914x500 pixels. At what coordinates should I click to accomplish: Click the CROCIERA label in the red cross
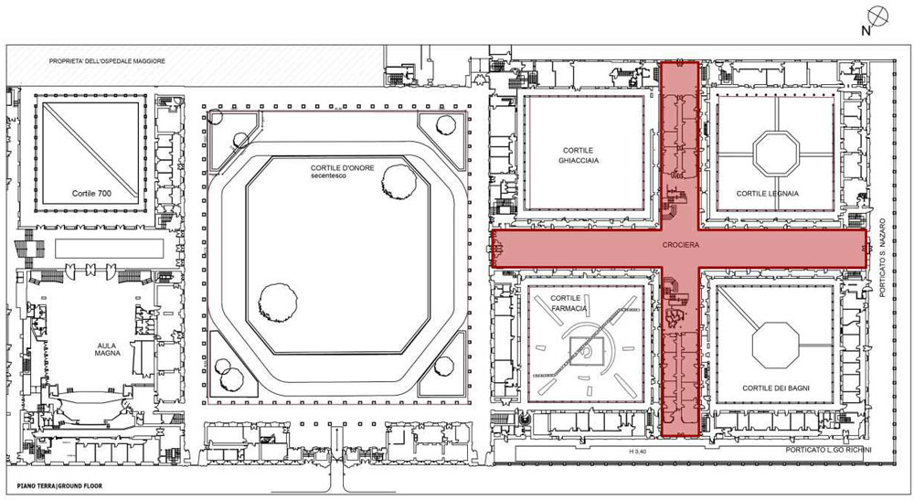tap(680, 245)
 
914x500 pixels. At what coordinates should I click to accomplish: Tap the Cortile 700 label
tap(91, 194)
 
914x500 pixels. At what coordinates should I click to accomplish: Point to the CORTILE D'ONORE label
tap(342, 168)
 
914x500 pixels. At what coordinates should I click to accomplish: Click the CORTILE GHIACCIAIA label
tap(579, 155)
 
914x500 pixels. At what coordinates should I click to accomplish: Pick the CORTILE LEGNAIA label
tap(767, 194)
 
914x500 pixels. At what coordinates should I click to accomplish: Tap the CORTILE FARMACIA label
tap(569, 303)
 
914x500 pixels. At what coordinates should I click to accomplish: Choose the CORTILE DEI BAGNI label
tap(775, 388)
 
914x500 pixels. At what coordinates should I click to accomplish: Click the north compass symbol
tap(877, 16)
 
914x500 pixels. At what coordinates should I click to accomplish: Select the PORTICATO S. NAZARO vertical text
tap(883, 258)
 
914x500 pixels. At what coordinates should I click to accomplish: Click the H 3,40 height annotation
tap(638, 451)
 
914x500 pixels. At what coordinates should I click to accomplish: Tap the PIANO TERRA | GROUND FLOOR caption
tap(59, 486)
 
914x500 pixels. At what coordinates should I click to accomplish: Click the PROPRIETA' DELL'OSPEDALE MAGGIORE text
tap(107, 60)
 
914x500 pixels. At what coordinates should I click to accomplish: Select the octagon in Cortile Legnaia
tap(775, 154)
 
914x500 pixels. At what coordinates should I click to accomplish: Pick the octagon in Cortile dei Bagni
tap(775, 346)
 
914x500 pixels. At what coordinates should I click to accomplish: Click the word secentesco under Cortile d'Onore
tap(328, 176)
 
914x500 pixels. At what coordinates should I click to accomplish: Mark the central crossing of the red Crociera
tap(680, 249)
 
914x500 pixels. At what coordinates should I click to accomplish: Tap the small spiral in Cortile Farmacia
tap(589, 351)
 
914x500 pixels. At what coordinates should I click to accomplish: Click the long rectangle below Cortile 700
tap(109, 249)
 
